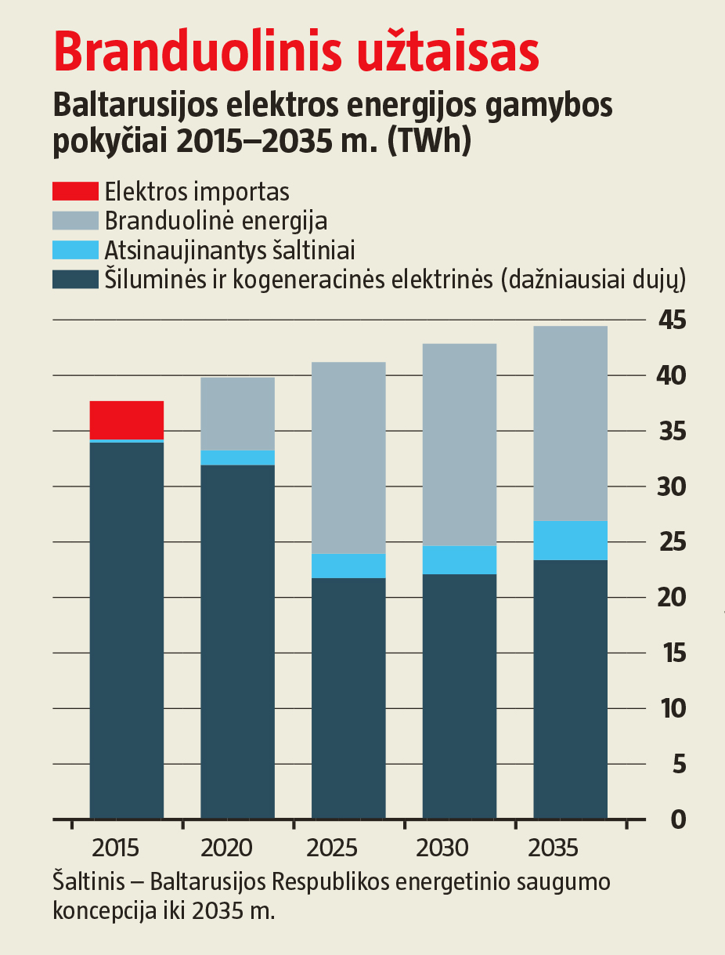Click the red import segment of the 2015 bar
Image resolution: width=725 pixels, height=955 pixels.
(127, 420)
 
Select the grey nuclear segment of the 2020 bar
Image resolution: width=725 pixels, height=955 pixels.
(238, 414)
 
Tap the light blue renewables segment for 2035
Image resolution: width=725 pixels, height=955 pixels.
(570, 541)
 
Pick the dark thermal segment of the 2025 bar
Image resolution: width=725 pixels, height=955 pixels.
(348, 697)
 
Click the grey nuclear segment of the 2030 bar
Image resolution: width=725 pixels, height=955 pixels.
(460, 444)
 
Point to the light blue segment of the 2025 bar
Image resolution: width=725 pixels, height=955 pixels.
(348, 566)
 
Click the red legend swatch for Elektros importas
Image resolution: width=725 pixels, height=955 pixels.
(75, 191)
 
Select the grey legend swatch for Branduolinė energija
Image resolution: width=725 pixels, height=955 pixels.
(75, 220)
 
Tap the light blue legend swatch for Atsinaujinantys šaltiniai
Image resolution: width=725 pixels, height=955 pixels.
(75, 250)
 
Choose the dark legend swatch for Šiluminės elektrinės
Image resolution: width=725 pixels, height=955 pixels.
(75, 279)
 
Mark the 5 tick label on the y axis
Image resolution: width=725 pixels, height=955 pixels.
(678, 764)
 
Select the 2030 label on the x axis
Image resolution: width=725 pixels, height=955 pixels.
(443, 848)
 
